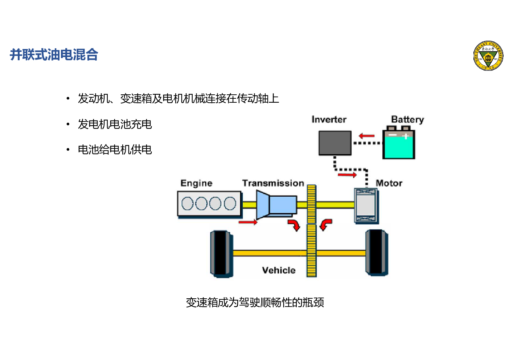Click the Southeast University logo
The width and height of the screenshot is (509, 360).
pos(488,56)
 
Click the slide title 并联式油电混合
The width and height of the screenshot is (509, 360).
pos(54,55)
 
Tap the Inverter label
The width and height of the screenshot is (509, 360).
pos(329,119)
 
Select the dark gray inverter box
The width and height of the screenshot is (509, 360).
pos(335,143)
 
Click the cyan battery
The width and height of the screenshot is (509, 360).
pos(399,145)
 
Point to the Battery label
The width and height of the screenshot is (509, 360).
pos(407,119)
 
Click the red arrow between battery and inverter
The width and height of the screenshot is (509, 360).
pos(366,136)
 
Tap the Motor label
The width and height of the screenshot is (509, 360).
pos(389,183)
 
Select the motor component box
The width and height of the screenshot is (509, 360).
pos(366,205)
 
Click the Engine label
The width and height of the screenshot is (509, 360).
pos(196,183)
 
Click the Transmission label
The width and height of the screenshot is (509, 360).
pos(273,183)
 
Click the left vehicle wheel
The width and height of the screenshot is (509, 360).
pos(221,254)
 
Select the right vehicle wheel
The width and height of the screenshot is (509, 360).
pos(376,253)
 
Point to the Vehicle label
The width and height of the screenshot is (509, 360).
pos(279,270)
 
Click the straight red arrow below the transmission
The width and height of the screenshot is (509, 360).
pos(248,222)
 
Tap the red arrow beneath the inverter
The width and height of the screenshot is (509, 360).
pos(347,175)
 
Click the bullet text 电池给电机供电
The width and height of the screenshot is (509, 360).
pos(115,150)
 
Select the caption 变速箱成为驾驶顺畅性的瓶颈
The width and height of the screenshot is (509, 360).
pos(255,302)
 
